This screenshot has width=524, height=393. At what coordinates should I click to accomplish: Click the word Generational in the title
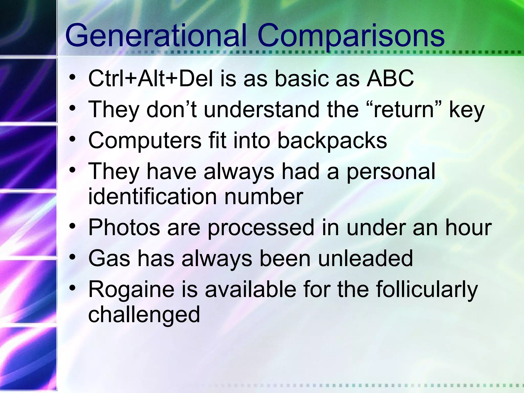156,36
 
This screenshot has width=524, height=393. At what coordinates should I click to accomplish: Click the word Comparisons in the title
351,36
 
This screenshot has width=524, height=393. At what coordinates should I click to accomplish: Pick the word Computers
145,141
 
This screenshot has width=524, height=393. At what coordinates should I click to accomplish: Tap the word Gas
109,258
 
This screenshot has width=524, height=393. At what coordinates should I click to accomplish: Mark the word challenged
144,315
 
